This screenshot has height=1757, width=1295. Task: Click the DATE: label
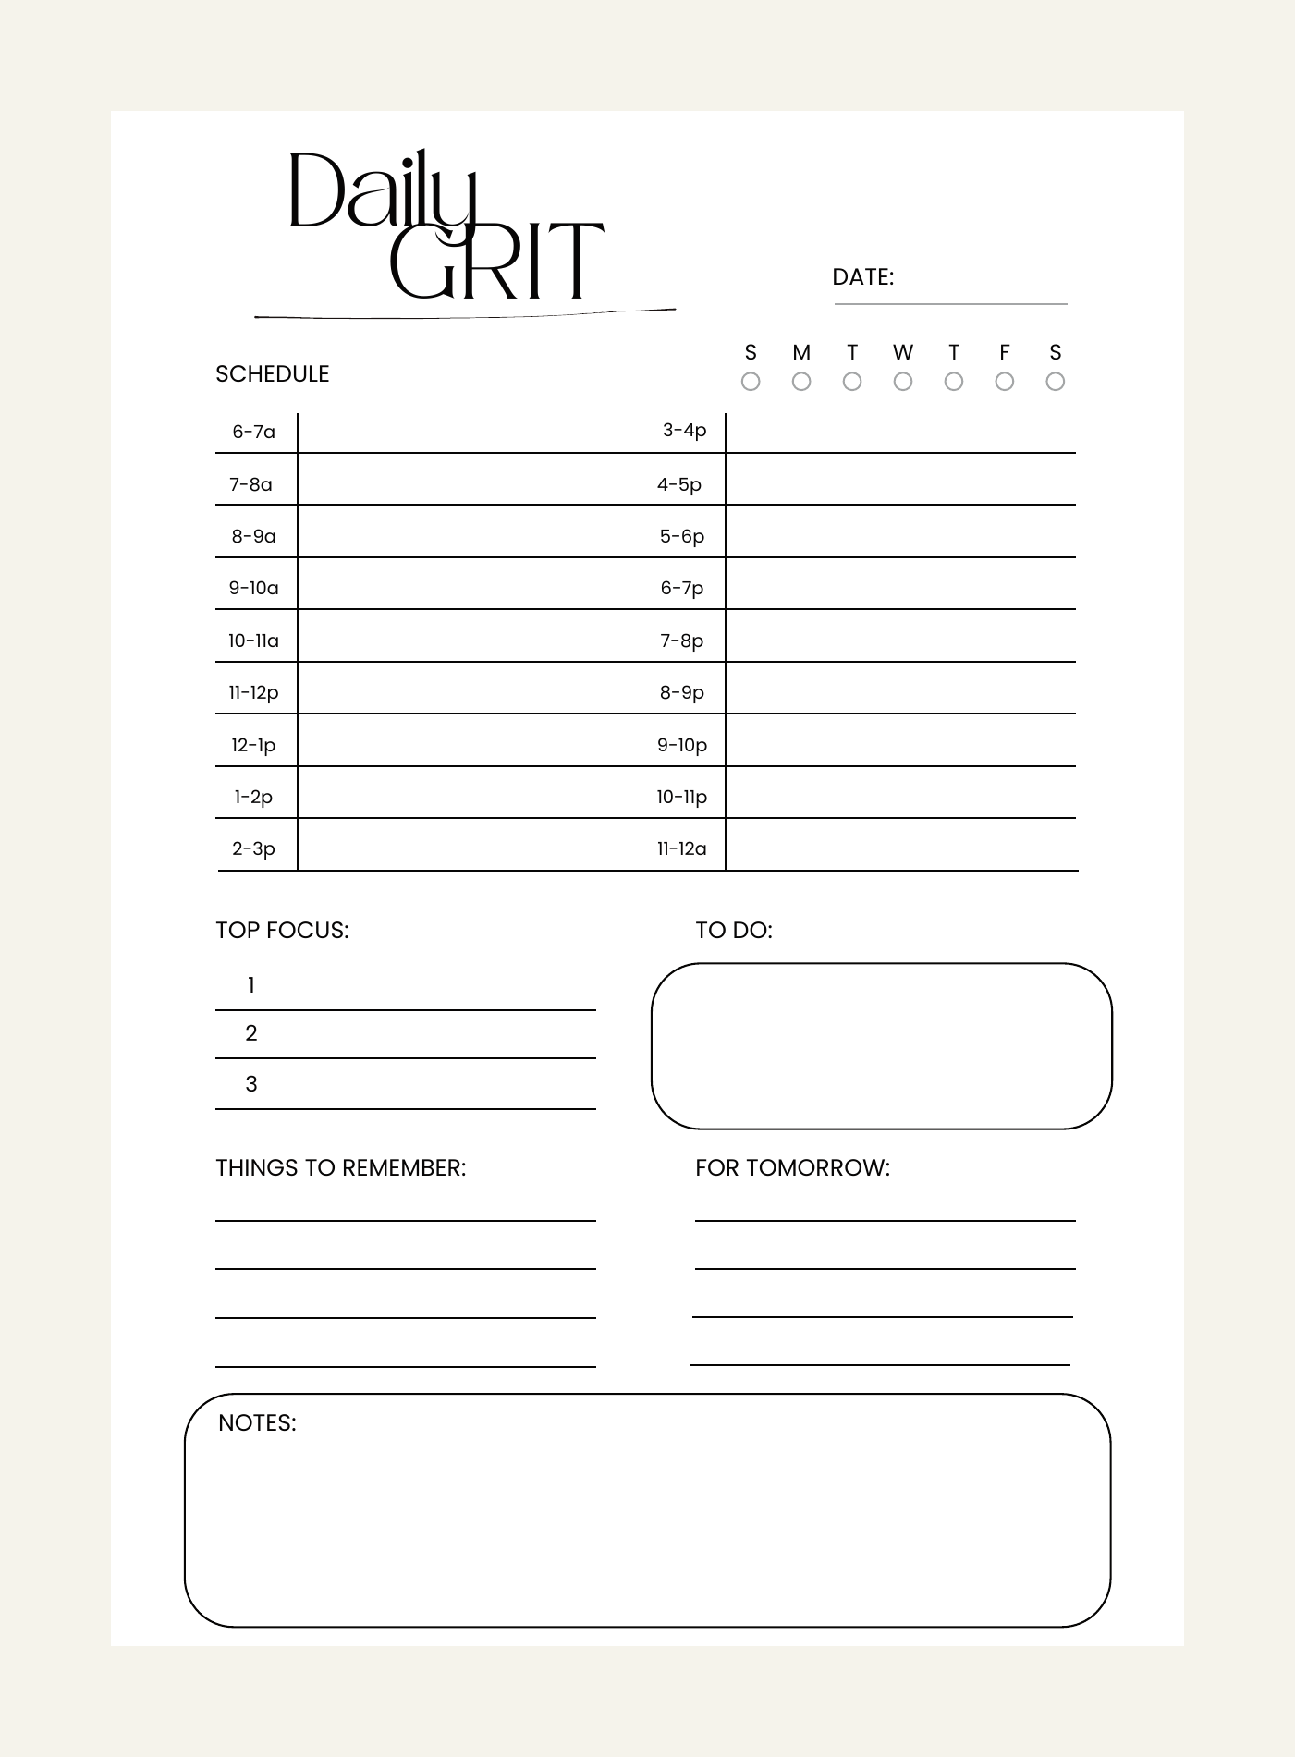(862, 277)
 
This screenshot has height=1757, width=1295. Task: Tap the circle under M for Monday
(801, 382)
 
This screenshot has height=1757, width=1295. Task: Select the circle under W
(903, 382)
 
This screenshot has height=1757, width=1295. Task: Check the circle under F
(1005, 382)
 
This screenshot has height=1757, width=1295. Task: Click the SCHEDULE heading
(273, 374)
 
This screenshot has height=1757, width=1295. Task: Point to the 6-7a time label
(254, 432)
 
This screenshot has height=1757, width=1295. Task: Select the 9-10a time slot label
(254, 588)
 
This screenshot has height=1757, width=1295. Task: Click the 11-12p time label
(254, 692)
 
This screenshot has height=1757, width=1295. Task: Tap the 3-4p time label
(684, 430)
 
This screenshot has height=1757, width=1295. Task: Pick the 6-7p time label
(682, 588)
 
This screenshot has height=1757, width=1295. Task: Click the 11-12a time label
(682, 848)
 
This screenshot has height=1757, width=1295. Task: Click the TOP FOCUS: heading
(282, 931)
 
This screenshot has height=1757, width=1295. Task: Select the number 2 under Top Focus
(251, 1033)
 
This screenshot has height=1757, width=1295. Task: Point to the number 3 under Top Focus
(251, 1084)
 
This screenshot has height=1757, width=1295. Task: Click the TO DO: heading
(734, 931)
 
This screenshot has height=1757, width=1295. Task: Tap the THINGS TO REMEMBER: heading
(341, 1168)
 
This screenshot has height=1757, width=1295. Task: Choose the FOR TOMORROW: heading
(792, 1168)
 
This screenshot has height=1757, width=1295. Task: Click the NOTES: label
(257, 1423)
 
